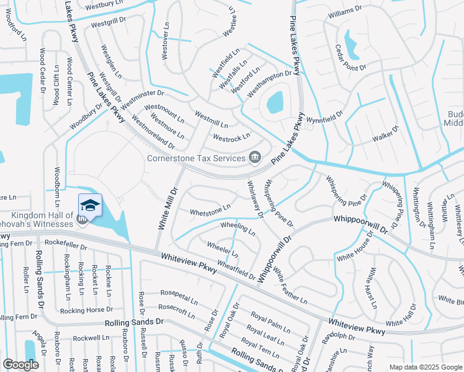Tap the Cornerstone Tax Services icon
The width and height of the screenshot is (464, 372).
[x=254, y=158]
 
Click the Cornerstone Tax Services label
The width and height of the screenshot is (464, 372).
[x=196, y=158]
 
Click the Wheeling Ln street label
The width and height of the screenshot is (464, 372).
[x=238, y=228]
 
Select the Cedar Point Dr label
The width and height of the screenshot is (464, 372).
[x=350, y=58]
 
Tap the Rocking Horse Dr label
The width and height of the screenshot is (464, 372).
[x=86, y=309]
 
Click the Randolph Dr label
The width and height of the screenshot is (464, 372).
[x=339, y=337]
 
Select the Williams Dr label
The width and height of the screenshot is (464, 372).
[x=346, y=11]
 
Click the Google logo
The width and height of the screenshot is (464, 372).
[x=21, y=365]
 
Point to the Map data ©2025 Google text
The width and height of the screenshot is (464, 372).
[x=425, y=367]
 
